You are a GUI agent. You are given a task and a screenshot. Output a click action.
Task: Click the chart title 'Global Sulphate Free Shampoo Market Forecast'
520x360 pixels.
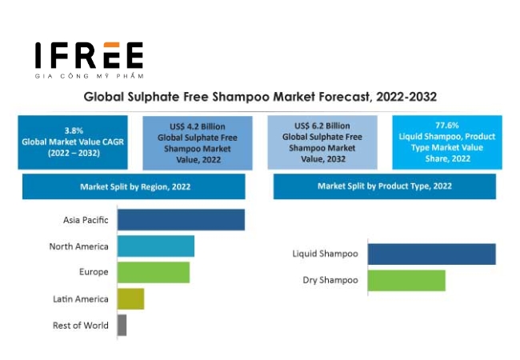[260, 97]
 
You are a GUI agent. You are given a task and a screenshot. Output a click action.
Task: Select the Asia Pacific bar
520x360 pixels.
[181, 220]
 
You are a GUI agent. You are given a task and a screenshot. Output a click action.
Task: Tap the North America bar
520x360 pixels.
[156, 246]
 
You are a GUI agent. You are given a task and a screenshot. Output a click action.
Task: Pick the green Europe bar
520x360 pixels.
[154, 272]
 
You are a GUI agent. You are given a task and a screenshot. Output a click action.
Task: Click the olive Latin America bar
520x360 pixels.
[130, 298]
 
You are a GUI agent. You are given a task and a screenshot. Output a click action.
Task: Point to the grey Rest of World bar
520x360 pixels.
[122, 325]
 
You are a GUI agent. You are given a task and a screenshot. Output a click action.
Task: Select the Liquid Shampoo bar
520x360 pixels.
[431, 254]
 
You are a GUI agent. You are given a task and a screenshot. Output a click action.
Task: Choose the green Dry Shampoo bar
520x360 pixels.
[406, 280]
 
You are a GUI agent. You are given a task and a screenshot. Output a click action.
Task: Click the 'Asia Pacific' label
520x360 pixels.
[86, 220]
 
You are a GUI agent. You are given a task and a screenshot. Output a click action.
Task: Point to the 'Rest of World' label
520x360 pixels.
[80, 325]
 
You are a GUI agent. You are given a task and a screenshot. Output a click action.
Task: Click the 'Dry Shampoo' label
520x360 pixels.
[330, 280]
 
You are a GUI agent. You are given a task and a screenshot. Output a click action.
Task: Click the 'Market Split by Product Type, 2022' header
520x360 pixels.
[384, 186]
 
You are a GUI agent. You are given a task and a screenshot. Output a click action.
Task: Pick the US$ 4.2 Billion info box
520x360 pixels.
[197, 142]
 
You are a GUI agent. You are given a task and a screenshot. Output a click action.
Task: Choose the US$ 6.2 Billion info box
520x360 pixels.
[322, 142]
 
